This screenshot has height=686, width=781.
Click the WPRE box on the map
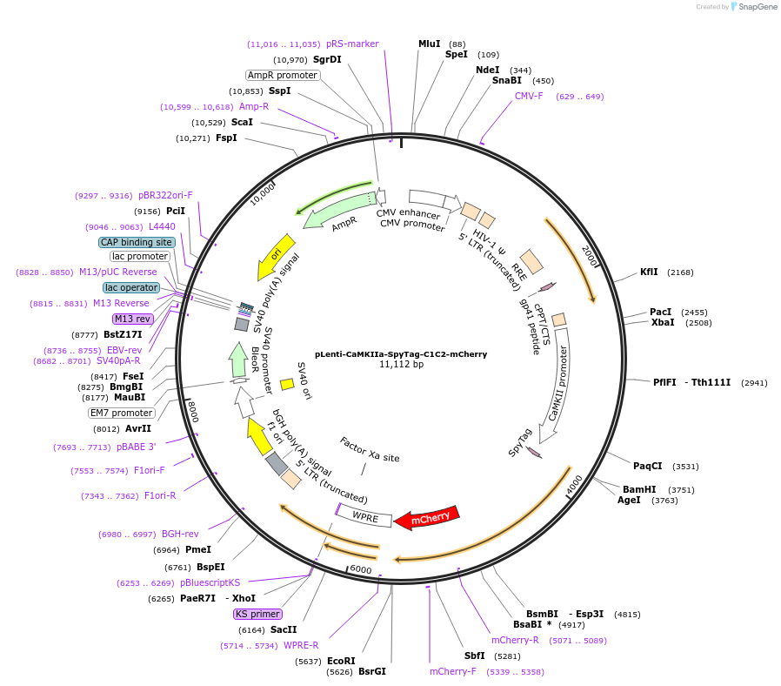tap(364, 515)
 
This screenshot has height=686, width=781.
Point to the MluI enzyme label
tap(430, 44)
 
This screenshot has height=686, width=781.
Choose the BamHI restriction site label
tap(639, 489)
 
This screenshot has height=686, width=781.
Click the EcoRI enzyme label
tap(341, 661)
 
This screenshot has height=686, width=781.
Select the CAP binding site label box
tap(137, 242)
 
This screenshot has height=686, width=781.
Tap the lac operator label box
tap(131, 287)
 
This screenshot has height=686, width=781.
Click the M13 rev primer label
tap(132, 319)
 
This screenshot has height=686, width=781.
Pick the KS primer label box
tap(257, 614)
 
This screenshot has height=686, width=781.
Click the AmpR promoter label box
tap(283, 75)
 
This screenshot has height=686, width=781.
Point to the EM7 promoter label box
tap(122, 413)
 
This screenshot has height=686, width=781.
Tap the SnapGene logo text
tap(756, 7)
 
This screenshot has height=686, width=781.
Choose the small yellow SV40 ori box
tap(286, 384)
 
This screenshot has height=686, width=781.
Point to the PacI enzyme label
tap(660, 312)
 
